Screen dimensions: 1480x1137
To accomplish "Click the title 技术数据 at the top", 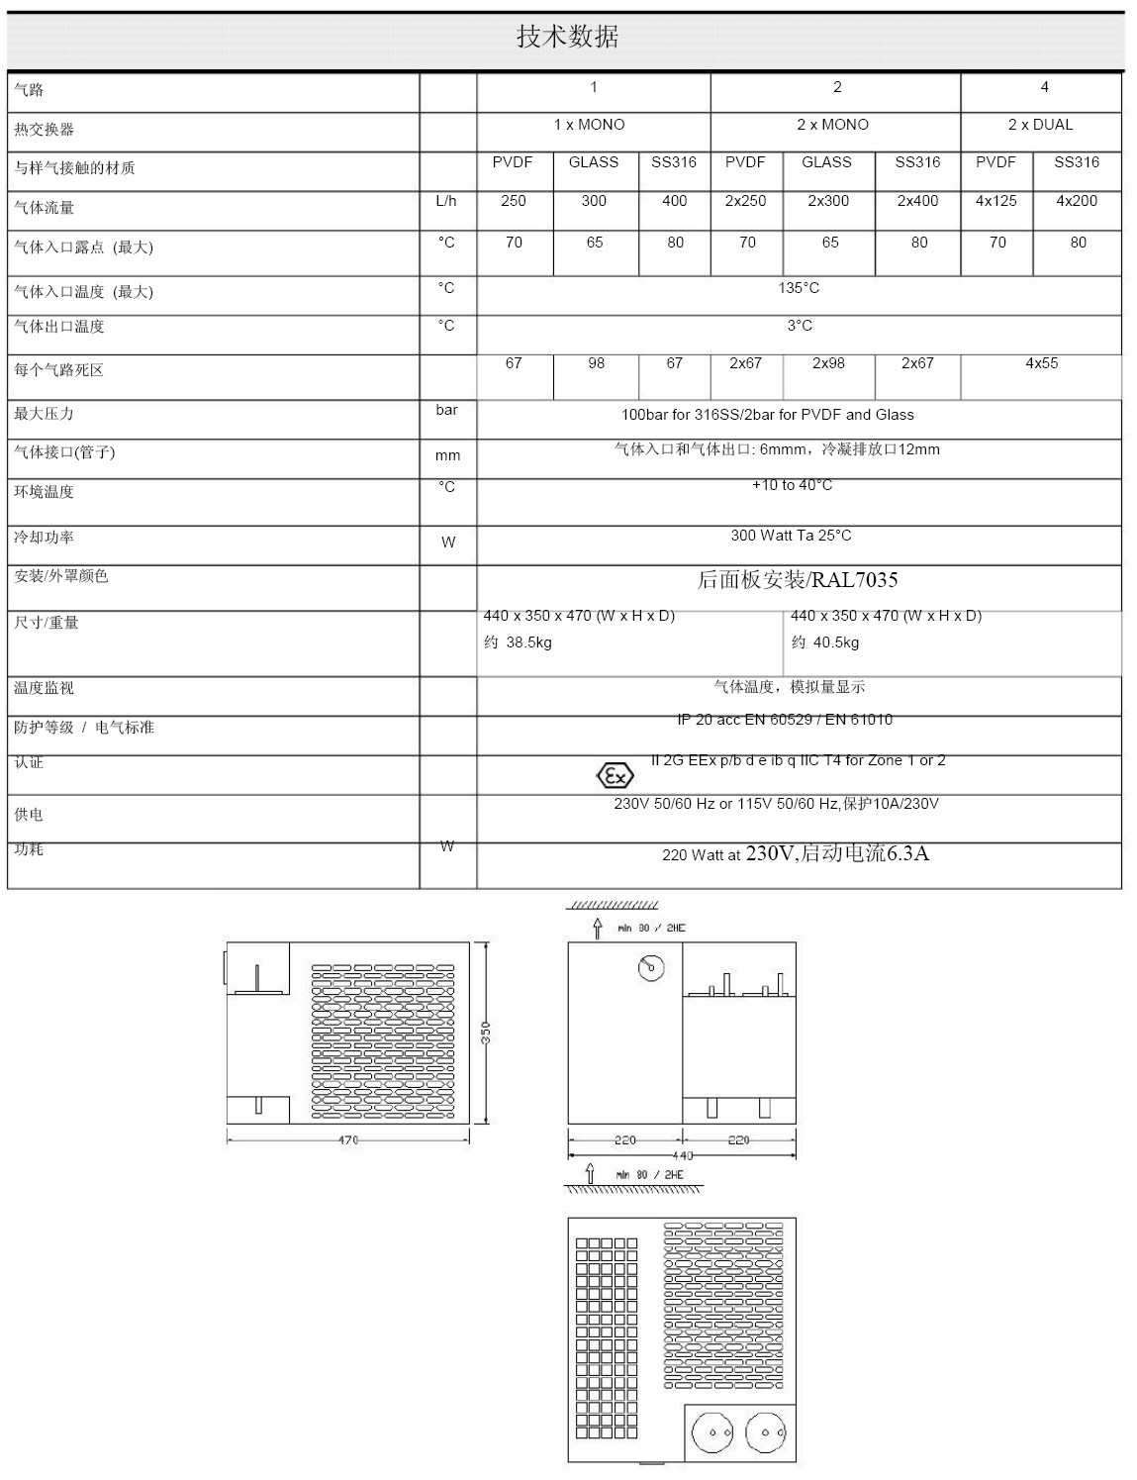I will pyautogui.click(x=567, y=37).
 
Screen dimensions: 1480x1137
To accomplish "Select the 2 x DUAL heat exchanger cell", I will pyautogui.click(x=1040, y=125).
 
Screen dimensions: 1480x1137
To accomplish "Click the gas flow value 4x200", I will pyautogui.click(x=1077, y=201).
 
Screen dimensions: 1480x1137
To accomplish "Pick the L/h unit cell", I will pyautogui.click(x=446, y=201).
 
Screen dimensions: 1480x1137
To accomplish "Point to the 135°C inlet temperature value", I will pyautogui.click(x=799, y=288).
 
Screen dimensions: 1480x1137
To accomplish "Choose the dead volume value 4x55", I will pyautogui.click(x=1041, y=363).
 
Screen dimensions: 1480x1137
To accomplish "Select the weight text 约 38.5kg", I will pyautogui.click(x=518, y=642).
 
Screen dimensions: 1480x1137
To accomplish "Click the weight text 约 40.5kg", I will pyautogui.click(x=825, y=642).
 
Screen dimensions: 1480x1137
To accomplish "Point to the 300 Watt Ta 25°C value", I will pyautogui.click(x=791, y=536).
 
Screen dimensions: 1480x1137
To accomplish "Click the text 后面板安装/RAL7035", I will pyautogui.click(x=798, y=580).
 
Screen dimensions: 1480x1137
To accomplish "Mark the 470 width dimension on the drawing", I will pyautogui.click(x=348, y=1140).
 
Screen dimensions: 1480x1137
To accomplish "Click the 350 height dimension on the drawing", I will pyautogui.click(x=486, y=1032).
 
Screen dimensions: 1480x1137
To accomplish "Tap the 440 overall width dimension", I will pyautogui.click(x=683, y=1155).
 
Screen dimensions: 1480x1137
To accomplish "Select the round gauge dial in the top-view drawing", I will pyautogui.click(x=651, y=967).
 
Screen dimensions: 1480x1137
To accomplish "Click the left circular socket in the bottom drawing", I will pyautogui.click(x=712, y=1432).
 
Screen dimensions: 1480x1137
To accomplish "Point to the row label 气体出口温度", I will pyautogui.click(x=59, y=327).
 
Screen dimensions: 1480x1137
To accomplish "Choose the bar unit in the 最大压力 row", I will pyautogui.click(x=446, y=410).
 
